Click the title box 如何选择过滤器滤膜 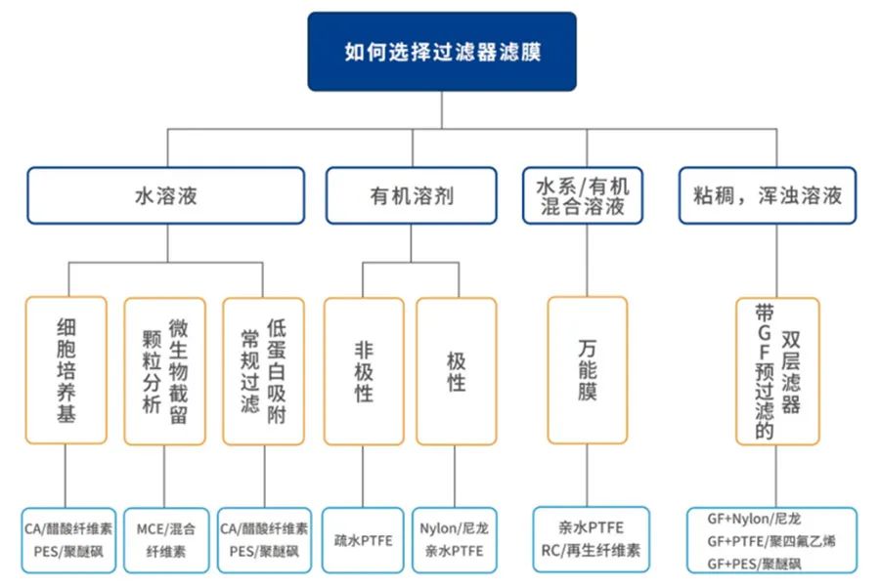(442, 52)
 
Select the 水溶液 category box (165, 195)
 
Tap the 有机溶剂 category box (411, 195)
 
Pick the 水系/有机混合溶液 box (583, 195)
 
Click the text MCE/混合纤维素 (165, 539)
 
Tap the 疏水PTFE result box (363, 540)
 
